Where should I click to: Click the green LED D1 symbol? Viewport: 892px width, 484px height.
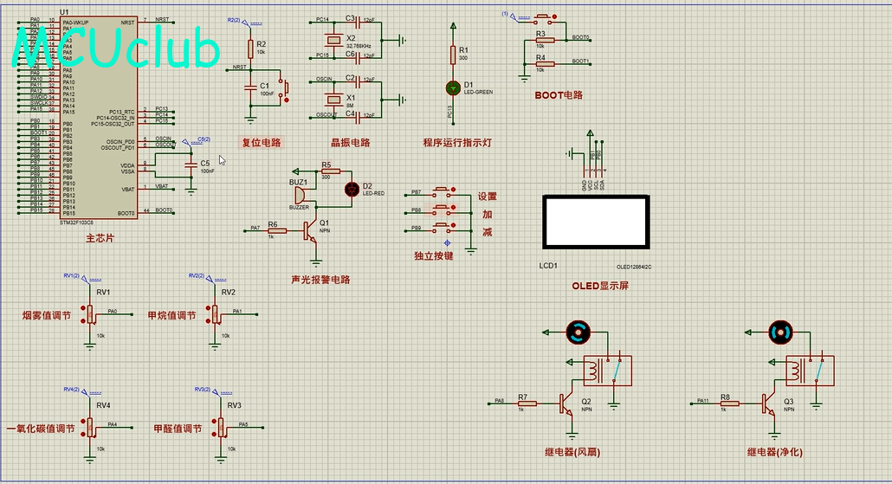(x=452, y=87)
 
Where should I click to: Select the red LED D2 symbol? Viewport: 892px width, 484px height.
(x=352, y=189)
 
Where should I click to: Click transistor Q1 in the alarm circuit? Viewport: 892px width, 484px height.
(x=311, y=229)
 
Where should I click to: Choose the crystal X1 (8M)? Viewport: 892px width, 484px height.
(x=333, y=97)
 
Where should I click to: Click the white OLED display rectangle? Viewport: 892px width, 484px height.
(x=596, y=223)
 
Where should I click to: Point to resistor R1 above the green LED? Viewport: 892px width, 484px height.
(x=452, y=55)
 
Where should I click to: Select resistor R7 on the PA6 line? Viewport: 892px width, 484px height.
(x=527, y=403)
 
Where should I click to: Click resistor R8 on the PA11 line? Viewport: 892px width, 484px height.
(x=728, y=403)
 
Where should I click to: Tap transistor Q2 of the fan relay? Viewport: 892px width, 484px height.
(x=566, y=403)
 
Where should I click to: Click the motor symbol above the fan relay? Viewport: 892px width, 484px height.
(x=577, y=331)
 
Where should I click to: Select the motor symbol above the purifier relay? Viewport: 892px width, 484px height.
(x=780, y=331)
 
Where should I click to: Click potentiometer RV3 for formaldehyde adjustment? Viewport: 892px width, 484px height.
(x=219, y=427)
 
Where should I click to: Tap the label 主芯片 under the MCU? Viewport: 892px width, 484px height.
(x=100, y=237)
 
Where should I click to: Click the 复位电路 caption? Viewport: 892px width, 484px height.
(x=262, y=142)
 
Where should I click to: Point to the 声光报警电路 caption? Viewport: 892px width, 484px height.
(x=321, y=280)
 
